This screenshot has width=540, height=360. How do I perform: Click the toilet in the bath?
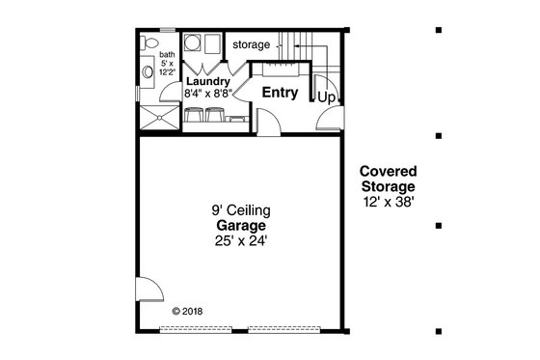[148, 44]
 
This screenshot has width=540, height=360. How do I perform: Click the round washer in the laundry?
[189, 44]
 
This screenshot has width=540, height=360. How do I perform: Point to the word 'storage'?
[251, 44]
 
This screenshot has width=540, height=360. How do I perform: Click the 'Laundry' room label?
[207, 82]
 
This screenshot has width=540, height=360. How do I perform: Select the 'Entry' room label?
[280, 94]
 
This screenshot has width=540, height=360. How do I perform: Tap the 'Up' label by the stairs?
[327, 97]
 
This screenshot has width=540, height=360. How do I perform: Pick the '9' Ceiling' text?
[241, 209]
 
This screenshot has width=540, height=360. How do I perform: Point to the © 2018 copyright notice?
[189, 312]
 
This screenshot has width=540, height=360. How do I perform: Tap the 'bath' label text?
[166, 55]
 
